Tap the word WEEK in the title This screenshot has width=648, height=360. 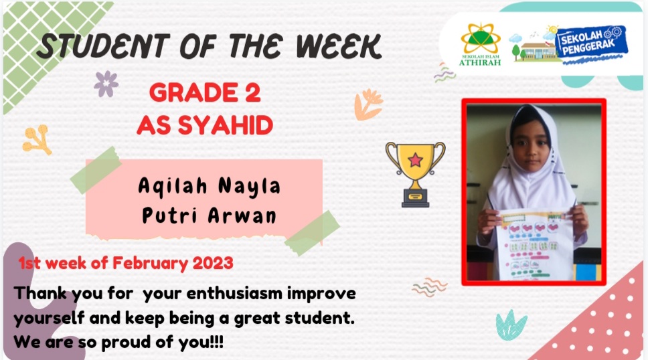339,46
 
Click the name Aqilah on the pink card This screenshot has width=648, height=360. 172,185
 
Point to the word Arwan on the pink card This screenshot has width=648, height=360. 242,215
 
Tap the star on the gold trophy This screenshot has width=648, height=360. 415,159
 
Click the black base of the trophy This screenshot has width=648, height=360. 415,199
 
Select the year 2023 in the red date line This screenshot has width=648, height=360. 213,263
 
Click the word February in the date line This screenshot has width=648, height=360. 150,264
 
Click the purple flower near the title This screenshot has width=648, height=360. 106,84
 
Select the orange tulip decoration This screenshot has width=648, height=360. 369,104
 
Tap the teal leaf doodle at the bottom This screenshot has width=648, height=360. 511,325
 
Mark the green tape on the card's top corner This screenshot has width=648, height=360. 96,170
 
